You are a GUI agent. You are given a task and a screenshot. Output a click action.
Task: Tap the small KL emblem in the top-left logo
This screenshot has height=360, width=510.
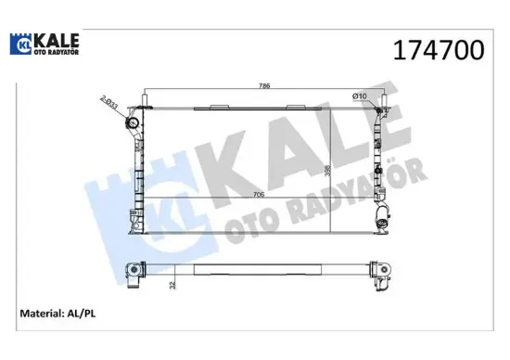[x=22, y=44]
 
